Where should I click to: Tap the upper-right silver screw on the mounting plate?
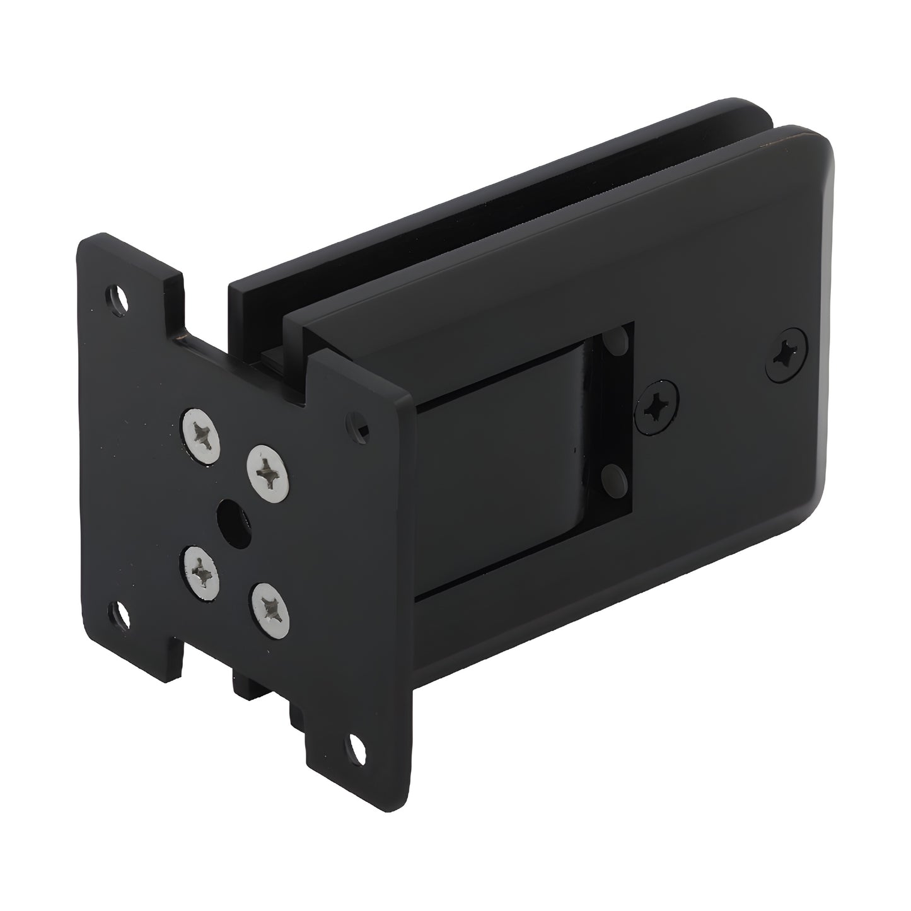[x=269, y=470]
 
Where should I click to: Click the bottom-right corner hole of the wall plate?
[x=354, y=750]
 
